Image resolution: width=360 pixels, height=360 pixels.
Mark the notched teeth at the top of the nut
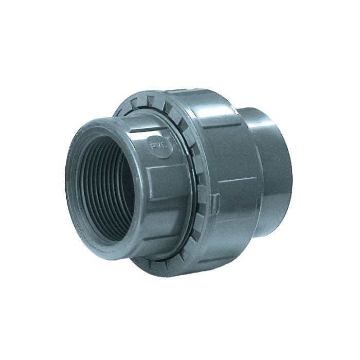pyautogui.click(x=154, y=103)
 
